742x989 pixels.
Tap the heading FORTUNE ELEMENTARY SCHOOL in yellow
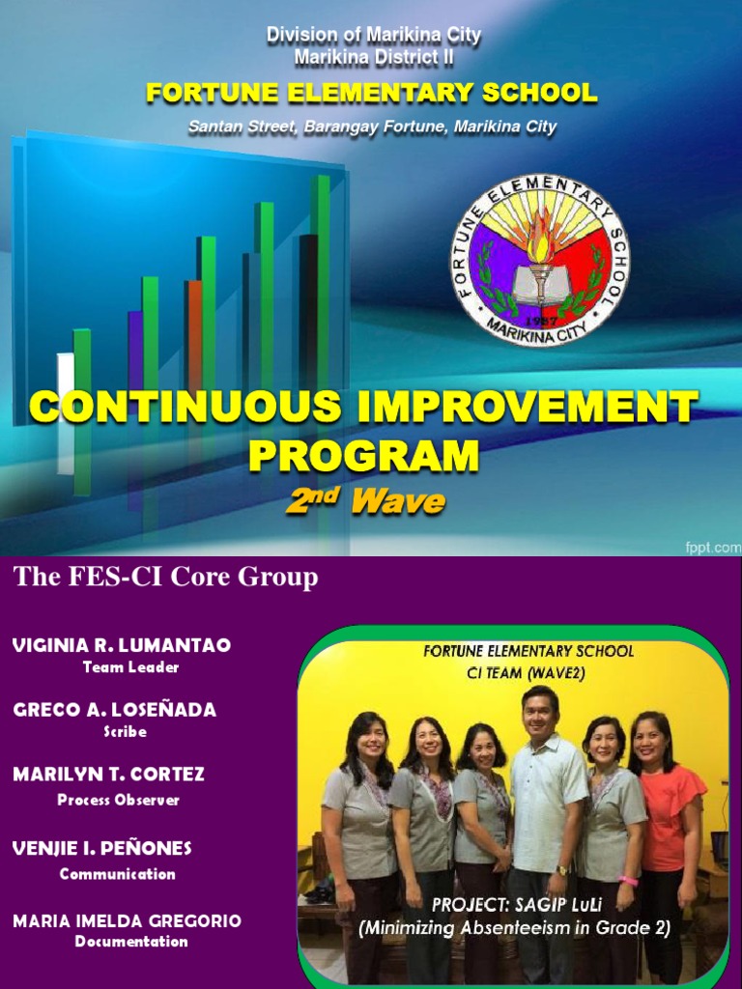click(x=372, y=94)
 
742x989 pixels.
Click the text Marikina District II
click(x=374, y=58)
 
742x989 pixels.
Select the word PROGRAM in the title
click(x=363, y=455)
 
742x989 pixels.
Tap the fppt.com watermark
click(x=713, y=546)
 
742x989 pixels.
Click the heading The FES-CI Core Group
click(x=165, y=578)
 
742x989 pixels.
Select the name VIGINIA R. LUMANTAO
click(x=122, y=645)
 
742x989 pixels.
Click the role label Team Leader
click(x=130, y=667)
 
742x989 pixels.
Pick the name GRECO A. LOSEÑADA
click(x=115, y=710)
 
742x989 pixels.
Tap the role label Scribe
click(x=126, y=732)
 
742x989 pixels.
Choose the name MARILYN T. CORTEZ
click(x=108, y=775)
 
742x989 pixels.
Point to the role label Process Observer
click(x=118, y=800)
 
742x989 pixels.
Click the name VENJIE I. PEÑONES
click(x=102, y=848)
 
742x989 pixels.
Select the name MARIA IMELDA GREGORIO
click(x=127, y=921)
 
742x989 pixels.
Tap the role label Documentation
click(x=131, y=942)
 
